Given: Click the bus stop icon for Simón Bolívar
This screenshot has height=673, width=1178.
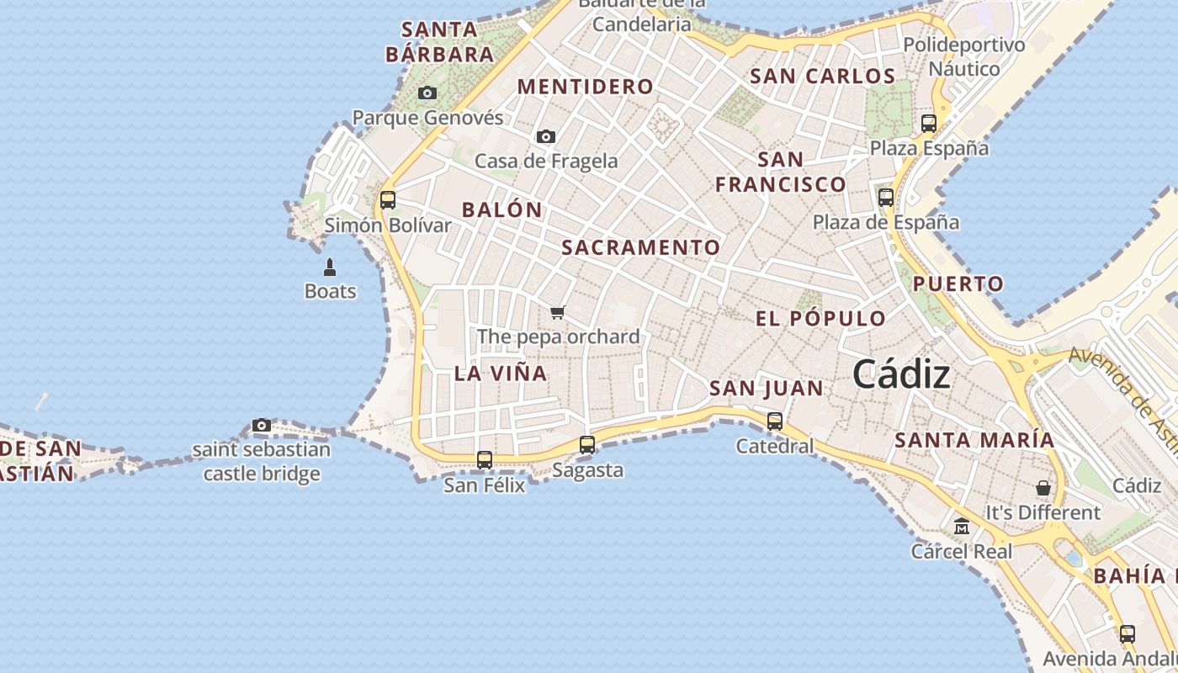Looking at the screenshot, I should pos(388,200).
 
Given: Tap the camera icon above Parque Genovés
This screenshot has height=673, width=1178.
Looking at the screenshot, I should pos(427,93).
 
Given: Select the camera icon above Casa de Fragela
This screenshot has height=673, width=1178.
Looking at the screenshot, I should pos(546,136).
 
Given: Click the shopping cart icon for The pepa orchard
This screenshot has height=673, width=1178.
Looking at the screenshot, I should pos(557,313).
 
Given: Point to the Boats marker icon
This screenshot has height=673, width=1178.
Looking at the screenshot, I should pos(330,268).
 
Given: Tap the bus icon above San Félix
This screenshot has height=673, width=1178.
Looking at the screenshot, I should pos(485,460).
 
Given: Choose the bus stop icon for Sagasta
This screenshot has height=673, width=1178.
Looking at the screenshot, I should pos(587,445).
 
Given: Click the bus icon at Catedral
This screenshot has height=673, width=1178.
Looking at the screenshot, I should pos(775,421).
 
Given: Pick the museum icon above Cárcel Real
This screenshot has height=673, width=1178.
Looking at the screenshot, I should pos(962,527).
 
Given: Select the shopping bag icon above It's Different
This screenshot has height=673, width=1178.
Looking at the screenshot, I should pos(1043,488).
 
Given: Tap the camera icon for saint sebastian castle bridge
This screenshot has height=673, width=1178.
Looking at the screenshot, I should pos(262,426).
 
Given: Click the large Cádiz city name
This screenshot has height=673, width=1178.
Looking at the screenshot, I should pos(901,374).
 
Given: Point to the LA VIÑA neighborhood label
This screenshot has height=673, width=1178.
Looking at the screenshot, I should pos(501,374).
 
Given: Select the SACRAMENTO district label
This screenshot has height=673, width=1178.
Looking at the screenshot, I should pos(641,247).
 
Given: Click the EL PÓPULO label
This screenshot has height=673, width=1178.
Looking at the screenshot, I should pos(820,319).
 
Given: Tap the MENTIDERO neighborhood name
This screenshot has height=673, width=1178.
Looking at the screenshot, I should pos(585,87).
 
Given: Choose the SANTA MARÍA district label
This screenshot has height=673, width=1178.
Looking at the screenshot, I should pos(974,440).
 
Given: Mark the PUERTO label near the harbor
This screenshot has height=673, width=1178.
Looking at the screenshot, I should pos(958,284).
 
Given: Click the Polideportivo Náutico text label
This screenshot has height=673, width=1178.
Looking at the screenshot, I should pos(964,56).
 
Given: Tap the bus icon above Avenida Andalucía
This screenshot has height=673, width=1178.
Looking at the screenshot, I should pos(1128,634).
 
